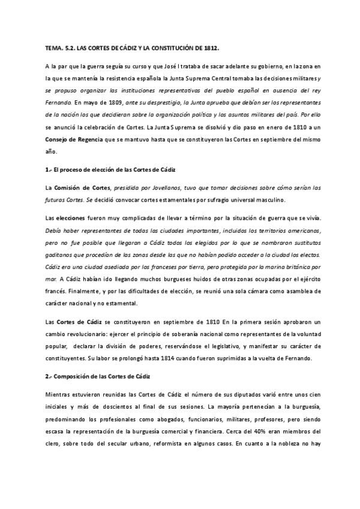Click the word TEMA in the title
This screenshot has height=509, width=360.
point(53,46)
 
